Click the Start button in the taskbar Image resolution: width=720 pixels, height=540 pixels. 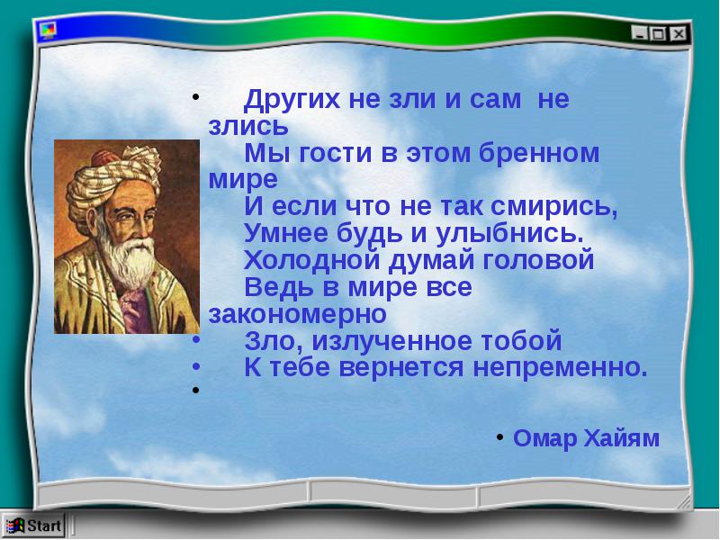(33, 526)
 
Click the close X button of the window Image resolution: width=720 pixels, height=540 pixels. (679, 33)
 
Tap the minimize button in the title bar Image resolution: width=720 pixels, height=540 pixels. (639, 33)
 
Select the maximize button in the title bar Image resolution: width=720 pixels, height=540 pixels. (658, 33)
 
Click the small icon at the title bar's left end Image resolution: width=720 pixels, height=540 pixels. (48, 30)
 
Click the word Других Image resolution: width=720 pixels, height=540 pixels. (292, 99)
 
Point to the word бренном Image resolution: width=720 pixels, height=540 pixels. (539, 152)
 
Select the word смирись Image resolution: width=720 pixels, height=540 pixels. (553, 207)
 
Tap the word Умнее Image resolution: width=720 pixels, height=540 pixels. (286, 233)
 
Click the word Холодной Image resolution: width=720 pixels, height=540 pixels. (311, 259)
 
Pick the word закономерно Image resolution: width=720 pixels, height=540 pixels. (298, 314)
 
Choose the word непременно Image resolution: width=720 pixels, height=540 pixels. (560, 367)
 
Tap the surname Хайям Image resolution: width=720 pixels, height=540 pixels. (621, 437)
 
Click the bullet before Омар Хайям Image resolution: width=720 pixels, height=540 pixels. (500, 437)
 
